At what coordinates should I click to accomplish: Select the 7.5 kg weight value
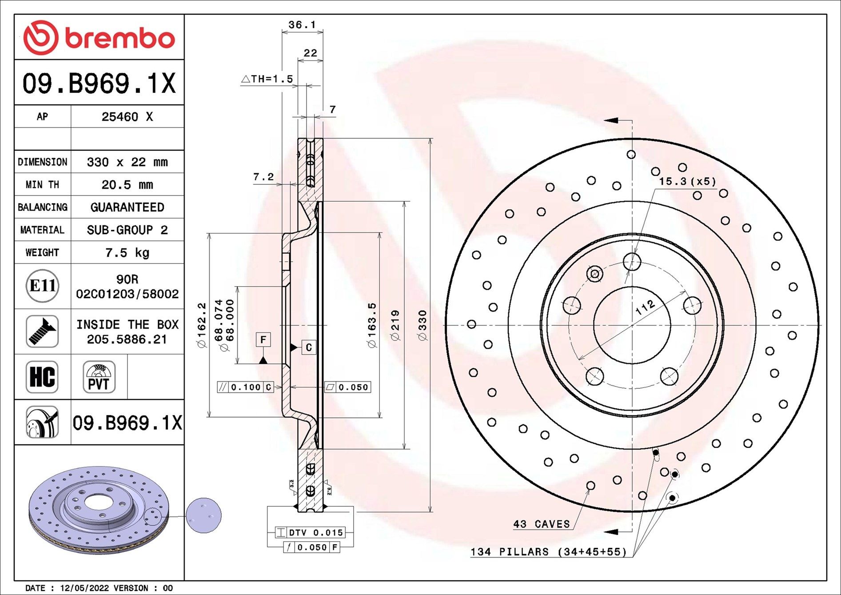tap(127, 252)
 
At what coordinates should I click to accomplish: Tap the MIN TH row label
tap(42, 184)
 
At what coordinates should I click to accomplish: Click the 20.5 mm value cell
tap(127, 184)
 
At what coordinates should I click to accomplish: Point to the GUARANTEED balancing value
tap(127, 207)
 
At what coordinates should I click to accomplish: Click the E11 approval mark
tap(42, 286)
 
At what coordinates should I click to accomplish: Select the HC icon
tap(42, 377)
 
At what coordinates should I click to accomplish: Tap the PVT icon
tap(99, 377)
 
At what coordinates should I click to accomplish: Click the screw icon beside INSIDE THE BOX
tap(42, 331)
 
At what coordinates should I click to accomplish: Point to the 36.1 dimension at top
tap(302, 25)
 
